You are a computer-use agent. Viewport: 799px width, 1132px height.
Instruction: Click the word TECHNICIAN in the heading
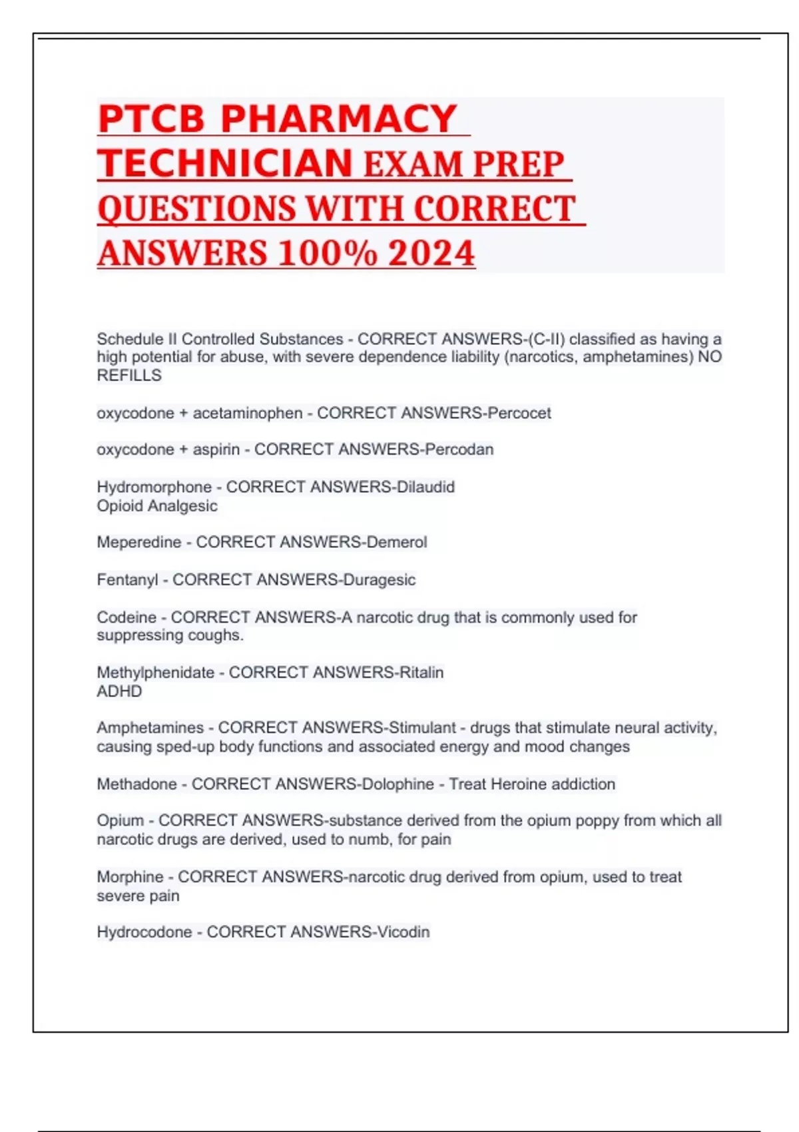coord(225,163)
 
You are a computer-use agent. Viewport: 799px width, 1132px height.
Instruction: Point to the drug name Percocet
coord(519,413)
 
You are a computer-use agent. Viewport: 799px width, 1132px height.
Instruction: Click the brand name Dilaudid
coord(425,487)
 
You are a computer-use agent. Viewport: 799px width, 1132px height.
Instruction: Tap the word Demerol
coord(397,542)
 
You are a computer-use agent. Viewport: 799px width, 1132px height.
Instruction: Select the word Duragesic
coord(380,580)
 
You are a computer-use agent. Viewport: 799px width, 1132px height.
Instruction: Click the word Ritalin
coord(421,673)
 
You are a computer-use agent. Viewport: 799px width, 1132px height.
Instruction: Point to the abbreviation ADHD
coord(119,691)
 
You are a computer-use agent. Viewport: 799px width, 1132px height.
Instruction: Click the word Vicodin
coord(403,932)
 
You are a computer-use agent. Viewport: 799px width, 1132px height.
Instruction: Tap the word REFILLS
coord(129,376)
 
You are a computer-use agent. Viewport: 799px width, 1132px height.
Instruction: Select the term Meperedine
coord(139,542)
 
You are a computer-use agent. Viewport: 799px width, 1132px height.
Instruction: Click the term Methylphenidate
coord(156,673)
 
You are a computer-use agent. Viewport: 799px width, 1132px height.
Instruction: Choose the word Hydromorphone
coord(154,487)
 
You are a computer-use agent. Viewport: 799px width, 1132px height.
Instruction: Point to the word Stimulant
coord(423,728)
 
